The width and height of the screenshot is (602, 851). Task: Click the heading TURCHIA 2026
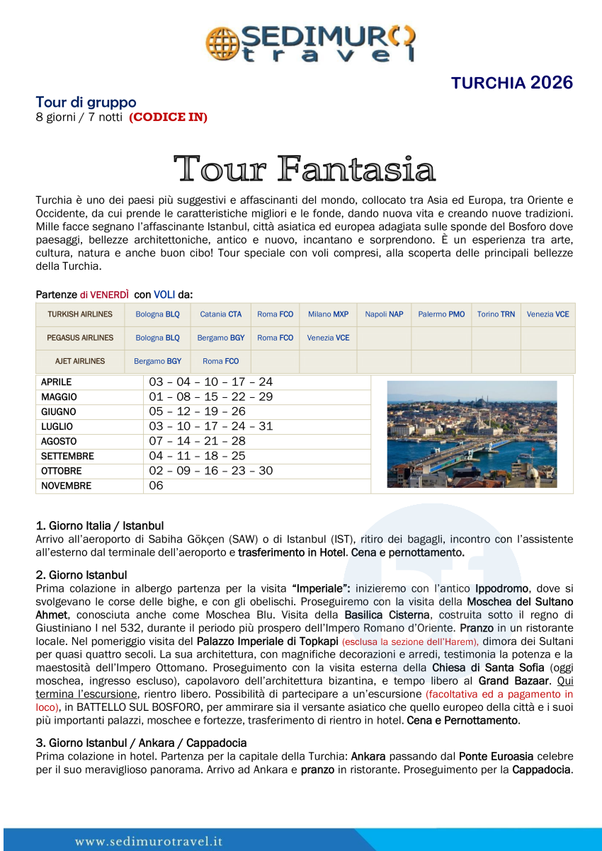[511, 83]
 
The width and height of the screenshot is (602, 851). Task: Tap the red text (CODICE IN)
[168, 117]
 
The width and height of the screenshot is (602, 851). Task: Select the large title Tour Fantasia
[305, 169]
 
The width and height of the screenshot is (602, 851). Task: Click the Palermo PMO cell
[441, 314]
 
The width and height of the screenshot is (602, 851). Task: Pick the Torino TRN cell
[496, 314]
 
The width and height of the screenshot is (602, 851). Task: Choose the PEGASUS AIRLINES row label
[80, 338]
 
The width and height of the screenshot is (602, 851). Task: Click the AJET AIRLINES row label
[80, 361]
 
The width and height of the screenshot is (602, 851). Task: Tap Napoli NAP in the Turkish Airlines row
[384, 314]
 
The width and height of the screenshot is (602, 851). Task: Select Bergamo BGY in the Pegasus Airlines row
[221, 338]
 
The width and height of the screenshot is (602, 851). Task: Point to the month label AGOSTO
[59, 441]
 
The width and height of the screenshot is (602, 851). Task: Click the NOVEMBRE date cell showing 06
[157, 486]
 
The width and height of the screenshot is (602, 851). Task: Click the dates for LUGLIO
[210, 426]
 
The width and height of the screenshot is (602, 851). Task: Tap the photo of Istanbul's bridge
[472, 434]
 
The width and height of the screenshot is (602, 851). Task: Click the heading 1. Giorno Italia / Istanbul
[100, 526]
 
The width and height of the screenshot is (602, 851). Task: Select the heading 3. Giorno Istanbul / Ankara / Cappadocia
[141, 743]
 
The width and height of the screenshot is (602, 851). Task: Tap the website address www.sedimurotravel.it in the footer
[149, 841]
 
